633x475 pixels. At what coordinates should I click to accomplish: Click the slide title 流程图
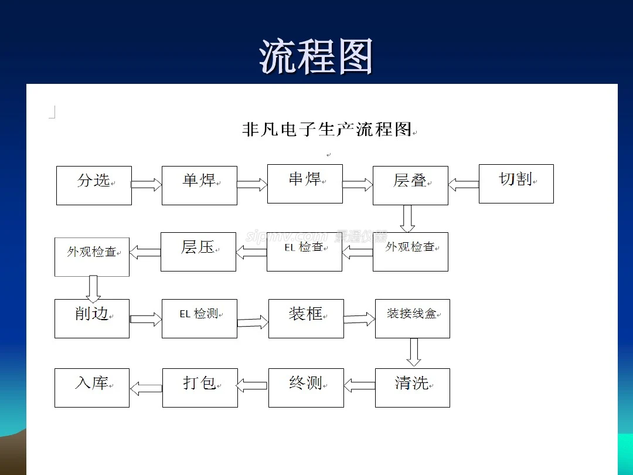click(x=316, y=56)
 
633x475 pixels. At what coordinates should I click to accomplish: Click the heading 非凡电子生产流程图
click(x=327, y=129)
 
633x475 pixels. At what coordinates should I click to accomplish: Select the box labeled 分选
click(x=94, y=185)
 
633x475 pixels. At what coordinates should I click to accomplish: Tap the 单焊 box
click(x=199, y=185)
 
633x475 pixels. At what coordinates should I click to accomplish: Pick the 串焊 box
click(x=305, y=184)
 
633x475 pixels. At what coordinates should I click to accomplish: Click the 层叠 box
click(x=410, y=185)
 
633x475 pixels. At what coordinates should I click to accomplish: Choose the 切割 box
click(x=516, y=184)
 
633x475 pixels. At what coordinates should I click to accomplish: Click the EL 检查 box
click(x=304, y=252)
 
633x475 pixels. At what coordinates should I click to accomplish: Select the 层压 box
click(x=198, y=252)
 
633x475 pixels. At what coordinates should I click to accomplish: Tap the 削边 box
click(x=92, y=318)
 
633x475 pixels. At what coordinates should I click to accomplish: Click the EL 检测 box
click(x=199, y=318)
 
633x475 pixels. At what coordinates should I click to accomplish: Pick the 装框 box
click(x=306, y=318)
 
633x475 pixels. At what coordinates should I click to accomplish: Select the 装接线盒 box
click(x=413, y=318)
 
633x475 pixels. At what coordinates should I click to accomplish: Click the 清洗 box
click(x=413, y=388)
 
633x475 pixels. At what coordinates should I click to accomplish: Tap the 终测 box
click(x=306, y=388)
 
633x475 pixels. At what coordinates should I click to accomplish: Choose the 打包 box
click(x=200, y=388)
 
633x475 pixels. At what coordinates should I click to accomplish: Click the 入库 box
click(x=92, y=388)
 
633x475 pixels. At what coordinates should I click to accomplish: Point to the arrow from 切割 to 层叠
click(x=464, y=185)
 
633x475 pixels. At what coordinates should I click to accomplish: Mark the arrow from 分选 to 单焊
click(x=147, y=185)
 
